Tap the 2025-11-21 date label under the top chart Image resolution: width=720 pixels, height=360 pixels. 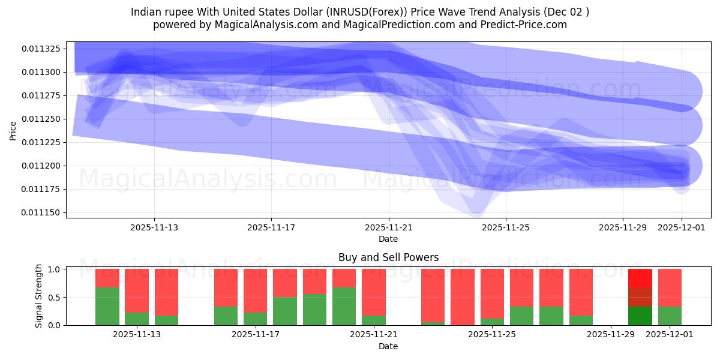pos(389,227)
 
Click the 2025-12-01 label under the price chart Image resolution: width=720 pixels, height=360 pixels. pos(682,227)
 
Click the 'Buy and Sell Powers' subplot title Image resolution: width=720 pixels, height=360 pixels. pos(388,257)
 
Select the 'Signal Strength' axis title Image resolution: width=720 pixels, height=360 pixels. pos(39,295)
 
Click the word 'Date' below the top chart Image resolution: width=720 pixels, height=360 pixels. pos(388,239)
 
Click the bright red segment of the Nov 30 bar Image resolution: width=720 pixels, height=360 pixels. pos(640,278)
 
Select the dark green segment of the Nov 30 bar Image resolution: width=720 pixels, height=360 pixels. pos(640,316)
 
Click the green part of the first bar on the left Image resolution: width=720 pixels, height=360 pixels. pos(107,306)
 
